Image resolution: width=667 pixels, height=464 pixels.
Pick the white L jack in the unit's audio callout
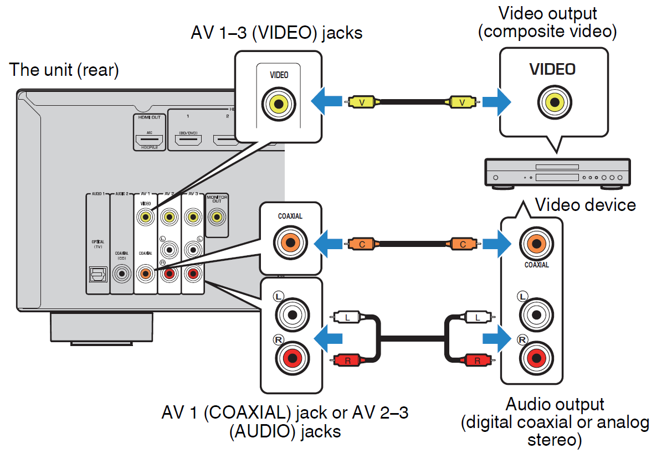[291, 313]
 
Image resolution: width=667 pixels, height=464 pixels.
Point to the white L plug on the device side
[475, 317]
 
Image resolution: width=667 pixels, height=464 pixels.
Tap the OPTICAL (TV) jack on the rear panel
[98, 274]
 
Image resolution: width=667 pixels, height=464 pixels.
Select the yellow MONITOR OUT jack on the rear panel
[217, 218]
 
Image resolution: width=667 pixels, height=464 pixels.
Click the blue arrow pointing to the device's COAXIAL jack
[495, 243]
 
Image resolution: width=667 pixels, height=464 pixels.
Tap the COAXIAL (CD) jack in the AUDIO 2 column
[121, 274]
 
